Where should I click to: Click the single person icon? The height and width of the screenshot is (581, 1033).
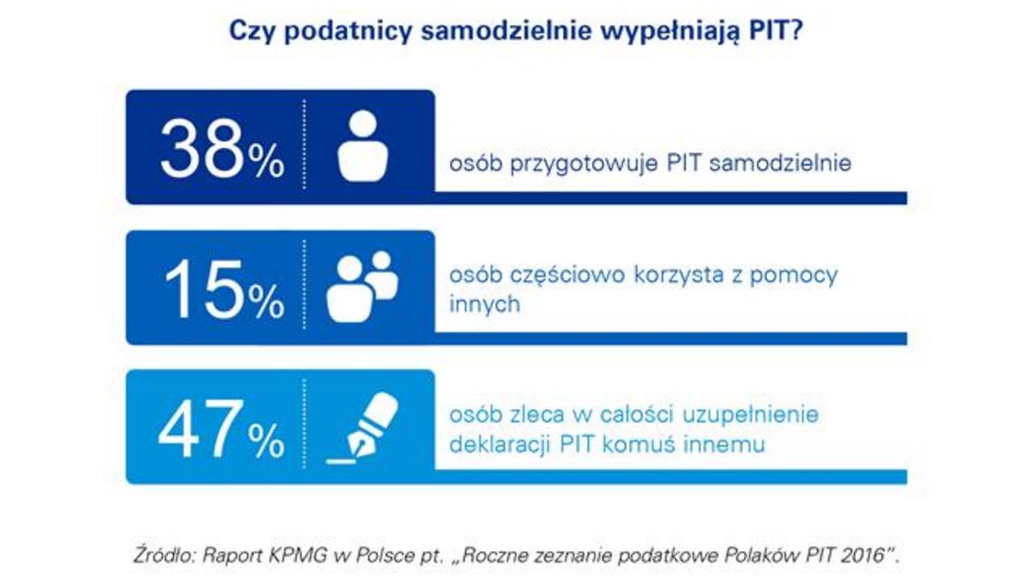tap(362, 146)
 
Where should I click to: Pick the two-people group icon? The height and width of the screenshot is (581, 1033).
tap(362, 286)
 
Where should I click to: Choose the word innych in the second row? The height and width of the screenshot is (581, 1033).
tap(485, 305)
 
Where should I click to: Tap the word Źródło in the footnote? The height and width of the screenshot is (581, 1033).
tap(161, 555)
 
